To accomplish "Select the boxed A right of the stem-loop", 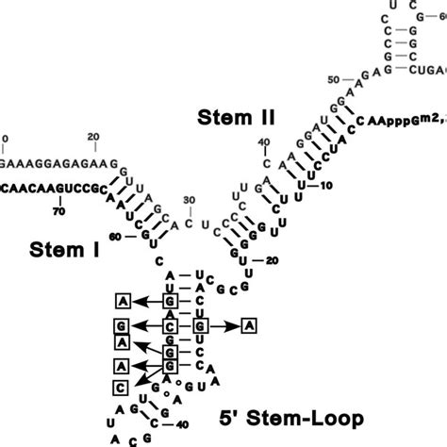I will pos(248,325).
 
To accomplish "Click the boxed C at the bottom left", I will pos(122,388).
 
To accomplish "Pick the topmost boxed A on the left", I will pos(122,301).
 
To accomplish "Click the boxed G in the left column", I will pos(122,325).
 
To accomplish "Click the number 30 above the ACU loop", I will pos(190,199).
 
